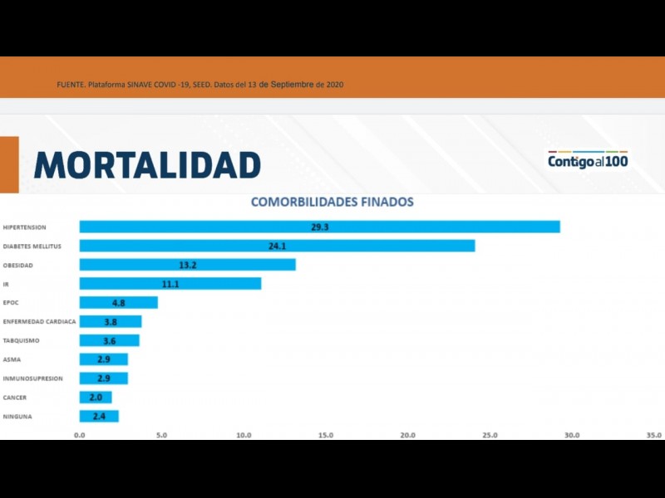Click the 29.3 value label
320,227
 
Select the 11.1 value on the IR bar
170,284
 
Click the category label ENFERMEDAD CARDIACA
39,322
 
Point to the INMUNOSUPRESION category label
32,378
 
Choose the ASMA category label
12,359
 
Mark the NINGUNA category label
17,417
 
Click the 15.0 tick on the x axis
326,435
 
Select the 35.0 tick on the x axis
654,435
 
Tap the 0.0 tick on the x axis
80,435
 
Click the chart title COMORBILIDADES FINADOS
332,202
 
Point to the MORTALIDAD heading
147,164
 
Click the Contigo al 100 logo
588,161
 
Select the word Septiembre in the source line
285,85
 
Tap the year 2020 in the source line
334,85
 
